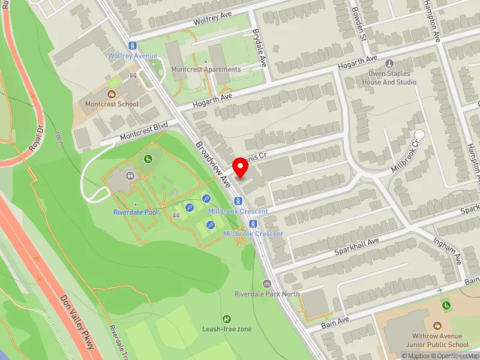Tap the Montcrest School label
point(111,104)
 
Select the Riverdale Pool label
point(135,212)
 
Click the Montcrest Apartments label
point(206,69)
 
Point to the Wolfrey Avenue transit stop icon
point(133,45)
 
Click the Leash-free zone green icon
point(227,319)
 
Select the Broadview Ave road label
point(213,163)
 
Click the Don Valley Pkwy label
point(78,322)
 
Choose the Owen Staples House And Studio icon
point(390,63)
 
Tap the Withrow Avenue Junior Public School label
point(440,341)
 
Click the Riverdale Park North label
point(266,294)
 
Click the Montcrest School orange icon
point(110,94)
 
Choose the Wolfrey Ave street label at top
point(213,16)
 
